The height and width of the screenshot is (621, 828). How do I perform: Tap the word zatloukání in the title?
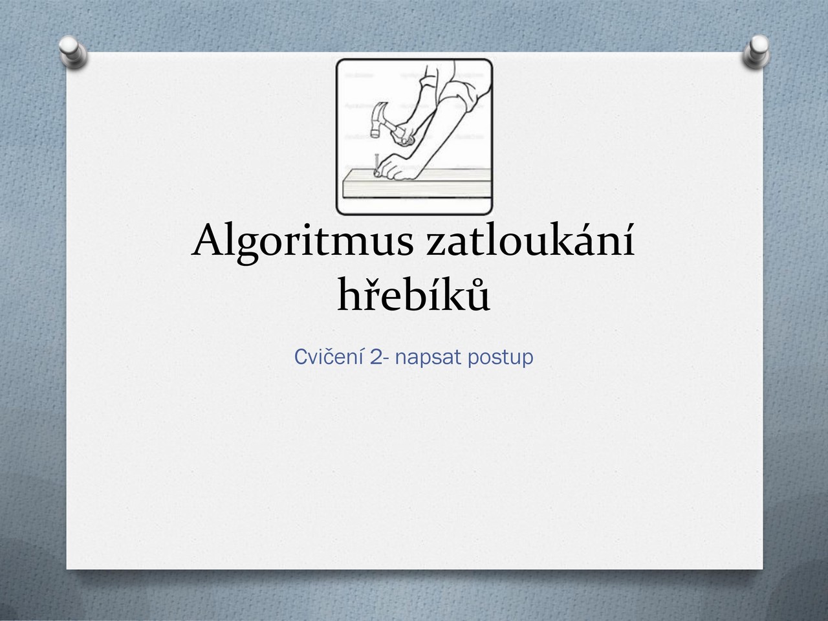[530, 240]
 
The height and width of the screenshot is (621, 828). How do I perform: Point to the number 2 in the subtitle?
[376, 356]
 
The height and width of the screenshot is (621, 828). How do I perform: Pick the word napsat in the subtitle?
[428, 358]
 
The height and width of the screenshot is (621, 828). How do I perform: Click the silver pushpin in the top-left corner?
[73, 51]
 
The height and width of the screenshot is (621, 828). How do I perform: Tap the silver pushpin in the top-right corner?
[756, 51]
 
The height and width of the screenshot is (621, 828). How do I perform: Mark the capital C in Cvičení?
[300, 356]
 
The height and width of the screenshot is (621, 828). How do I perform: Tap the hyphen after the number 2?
[385, 359]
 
